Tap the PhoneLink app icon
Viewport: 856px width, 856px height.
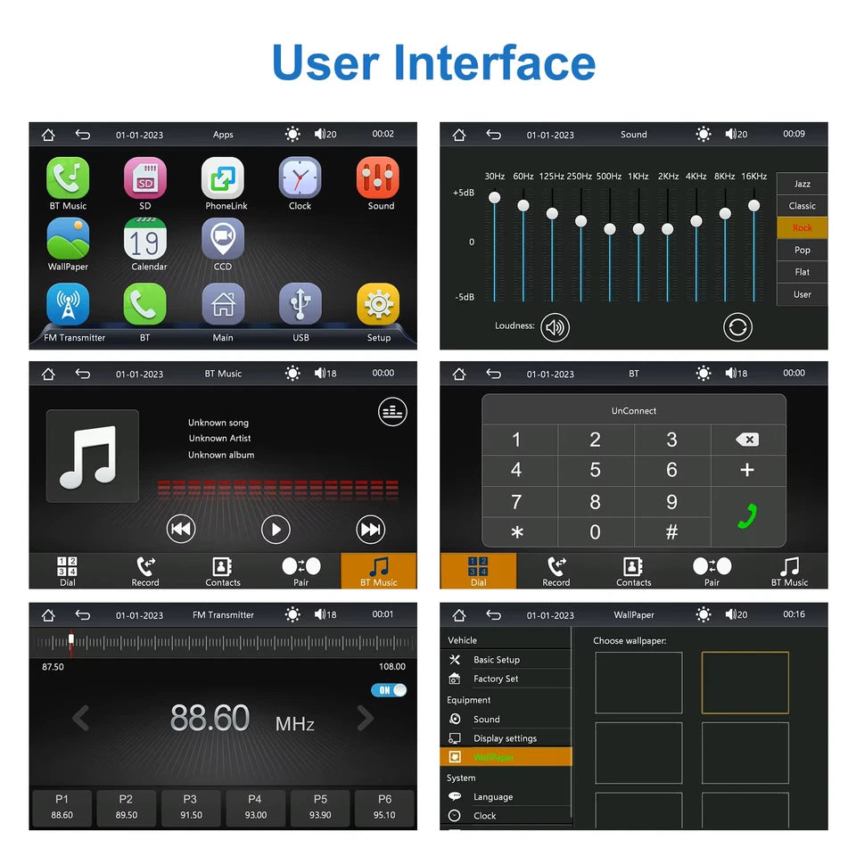tap(222, 178)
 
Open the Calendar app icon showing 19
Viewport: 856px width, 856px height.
tap(145, 240)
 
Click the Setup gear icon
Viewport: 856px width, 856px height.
tap(378, 305)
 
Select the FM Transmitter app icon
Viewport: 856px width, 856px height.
tap(68, 305)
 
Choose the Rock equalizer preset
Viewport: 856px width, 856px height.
tap(802, 227)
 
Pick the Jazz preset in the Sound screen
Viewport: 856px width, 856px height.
tap(802, 184)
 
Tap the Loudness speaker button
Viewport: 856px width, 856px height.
tap(555, 327)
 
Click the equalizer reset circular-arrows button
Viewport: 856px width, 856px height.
tap(737, 327)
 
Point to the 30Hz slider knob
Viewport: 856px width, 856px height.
tap(495, 197)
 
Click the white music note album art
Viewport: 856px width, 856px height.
tap(93, 456)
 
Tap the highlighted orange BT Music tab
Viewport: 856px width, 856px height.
tap(378, 571)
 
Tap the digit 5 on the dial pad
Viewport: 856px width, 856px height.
tap(595, 470)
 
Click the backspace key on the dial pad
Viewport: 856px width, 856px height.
tap(747, 440)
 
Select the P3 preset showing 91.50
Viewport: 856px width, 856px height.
tap(190, 807)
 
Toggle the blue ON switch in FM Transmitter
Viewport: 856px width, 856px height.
tap(389, 690)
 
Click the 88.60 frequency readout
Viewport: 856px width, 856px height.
tap(210, 719)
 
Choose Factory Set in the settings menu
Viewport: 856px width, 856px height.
tap(496, 679)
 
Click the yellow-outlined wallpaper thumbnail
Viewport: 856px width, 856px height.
tap(745, 682)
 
